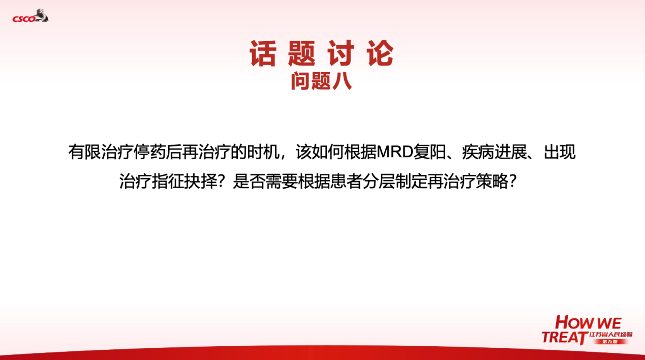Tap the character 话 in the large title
click(x=262, y=54)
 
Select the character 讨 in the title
click(x=343, y=54)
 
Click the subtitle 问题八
click(x=321, y=81)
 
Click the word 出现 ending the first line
click(x=560, y=153)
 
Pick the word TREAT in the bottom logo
click(x=563, y=338)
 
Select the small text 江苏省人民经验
click(x=610, y=334)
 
